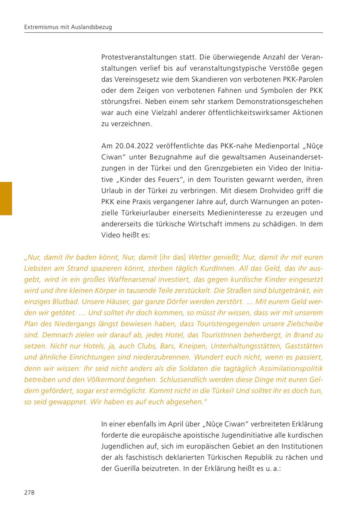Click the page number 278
[x=29, y=492]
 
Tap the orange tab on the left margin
[x=6, y=198]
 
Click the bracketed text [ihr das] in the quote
[x=172, y=257]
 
